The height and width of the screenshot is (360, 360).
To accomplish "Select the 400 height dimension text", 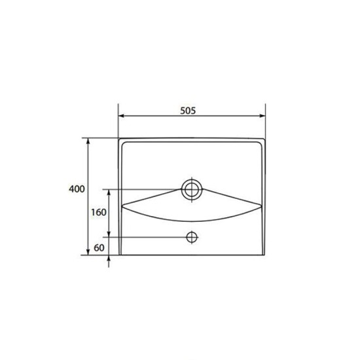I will pyautogui.click(x=77, y=189).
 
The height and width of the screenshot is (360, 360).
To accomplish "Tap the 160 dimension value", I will pyautogui.click(x=98, y=213).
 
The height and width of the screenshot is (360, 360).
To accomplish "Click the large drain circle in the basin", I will pyautogui.click(x=192, y=190).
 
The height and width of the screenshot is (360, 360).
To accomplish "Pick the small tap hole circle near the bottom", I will pyautogui.click(x=192, y=236).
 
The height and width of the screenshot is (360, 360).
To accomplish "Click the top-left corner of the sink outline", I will pyautogui.click(x=119, y=139).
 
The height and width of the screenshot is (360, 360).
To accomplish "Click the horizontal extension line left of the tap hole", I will pyautogui.click(x=147, y=236).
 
